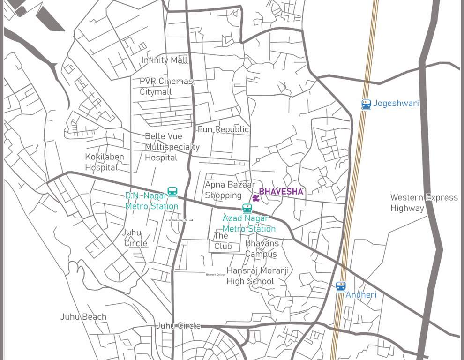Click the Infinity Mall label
[x=165, y=60]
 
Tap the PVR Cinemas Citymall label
[x=166, y=86]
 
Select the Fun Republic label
[x=223, y=129]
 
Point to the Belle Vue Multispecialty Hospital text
[x=172, y=147]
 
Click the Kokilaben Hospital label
[x=104, y=162]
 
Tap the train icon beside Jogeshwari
[x=366, y=104]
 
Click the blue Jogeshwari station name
[x=396, y=104]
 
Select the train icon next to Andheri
[x=341, y=286]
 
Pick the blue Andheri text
[x=361, y=295]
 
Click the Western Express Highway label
[x=424, y=202]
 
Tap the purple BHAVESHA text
[x=281, y=192]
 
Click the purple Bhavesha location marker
[x=255, y=198]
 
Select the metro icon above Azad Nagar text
[x=247, y=208]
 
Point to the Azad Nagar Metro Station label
[x=248, y=224]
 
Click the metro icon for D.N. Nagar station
[x=172, y=192]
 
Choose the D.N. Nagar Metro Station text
[x=151, y=201]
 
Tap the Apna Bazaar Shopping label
[x=230, y=190]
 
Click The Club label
[x=223, y=241]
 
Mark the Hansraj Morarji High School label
[x=257, y=276]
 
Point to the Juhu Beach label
[x=83, y=317]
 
